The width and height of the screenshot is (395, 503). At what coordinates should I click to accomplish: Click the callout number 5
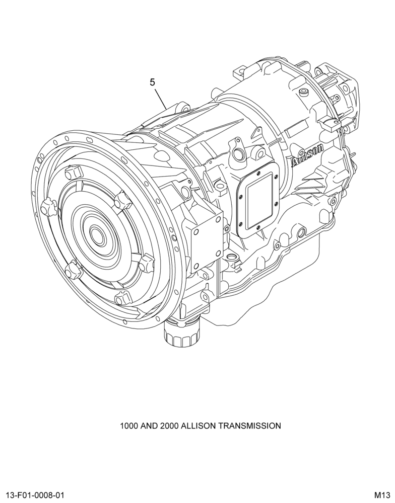[x=152, y=82]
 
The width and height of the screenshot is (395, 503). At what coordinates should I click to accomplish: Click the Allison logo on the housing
[x=307, y=156]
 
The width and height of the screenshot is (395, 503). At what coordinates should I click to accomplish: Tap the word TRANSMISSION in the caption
[x=249, y=426]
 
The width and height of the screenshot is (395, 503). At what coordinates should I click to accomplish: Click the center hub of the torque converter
[x=96, y=233]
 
